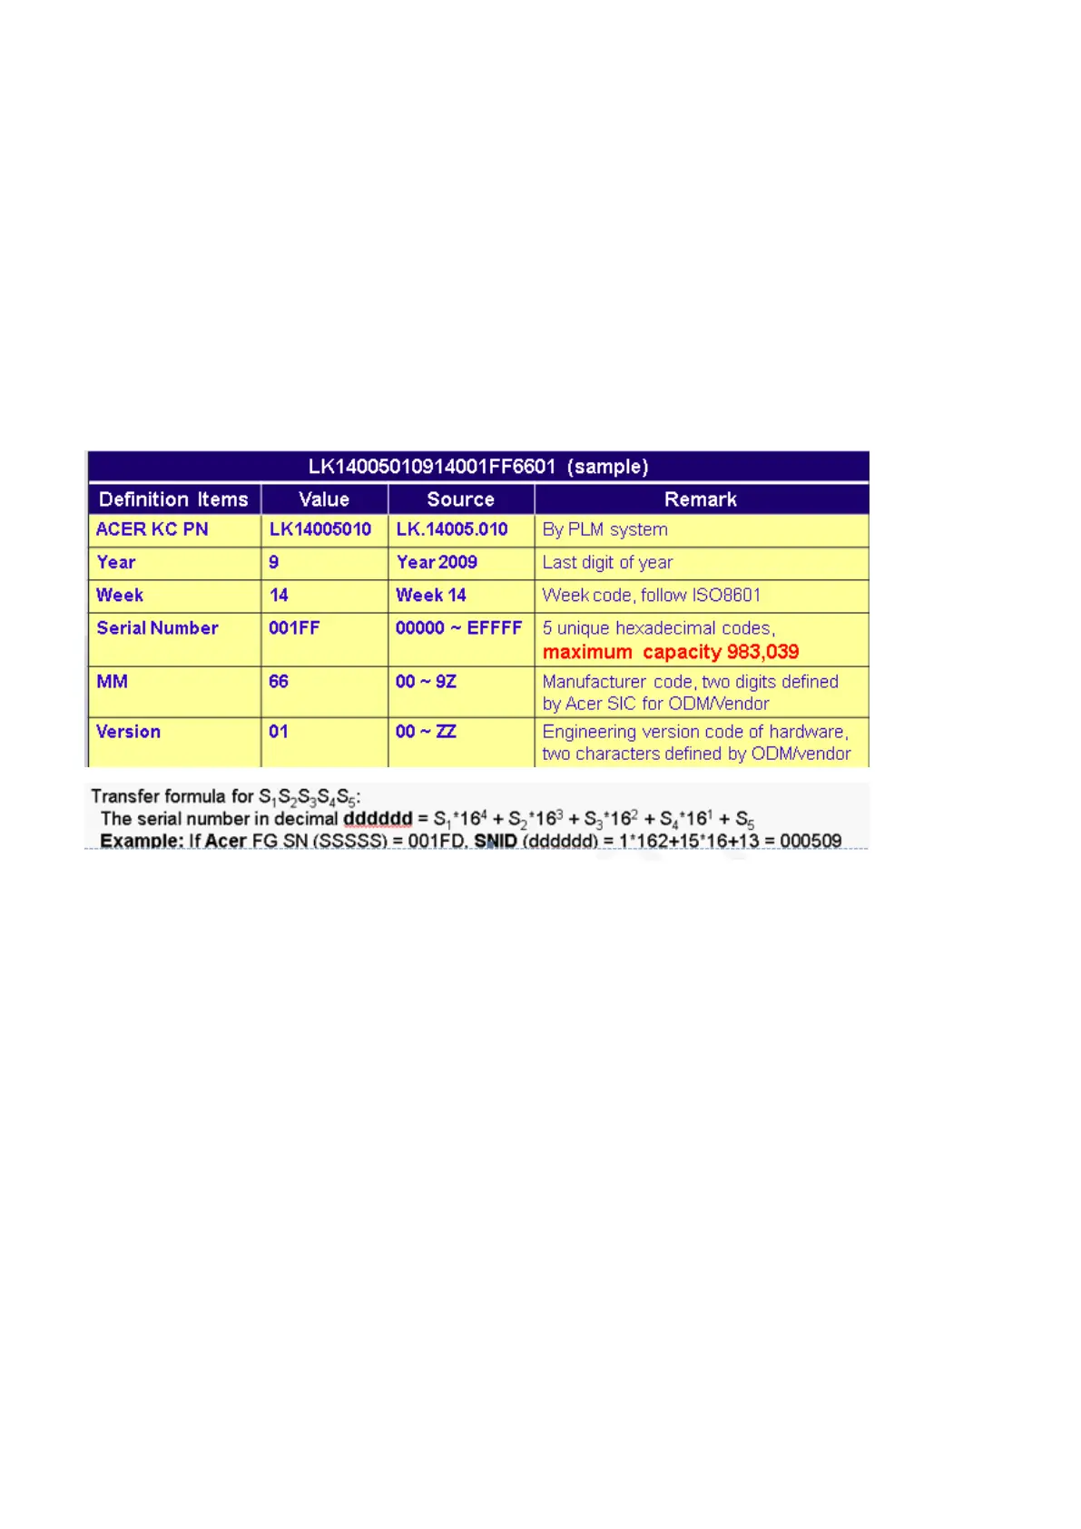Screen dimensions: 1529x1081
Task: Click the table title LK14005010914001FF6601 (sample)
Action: click(x=477, y=467)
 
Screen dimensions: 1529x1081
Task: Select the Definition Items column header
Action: click(x=173, y=499)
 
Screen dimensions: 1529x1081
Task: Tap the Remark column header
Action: click(x=700, y=499)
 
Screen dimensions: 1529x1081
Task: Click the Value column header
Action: click(x=324, y=499)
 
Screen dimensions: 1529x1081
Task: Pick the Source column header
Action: click(x=460, y=499)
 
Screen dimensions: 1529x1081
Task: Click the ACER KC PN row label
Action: click(x=152, y=529)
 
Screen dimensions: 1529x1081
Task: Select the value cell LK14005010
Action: click(x=319, y=529)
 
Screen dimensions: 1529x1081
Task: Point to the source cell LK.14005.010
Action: click(x=451, y=529)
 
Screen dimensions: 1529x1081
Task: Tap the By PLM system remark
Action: click(x=604, y=529)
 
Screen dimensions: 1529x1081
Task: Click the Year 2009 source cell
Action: click(x=437, y=562)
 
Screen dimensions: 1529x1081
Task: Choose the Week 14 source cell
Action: click(x=430, y=596)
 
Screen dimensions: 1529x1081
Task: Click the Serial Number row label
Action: click(x=157, y=628)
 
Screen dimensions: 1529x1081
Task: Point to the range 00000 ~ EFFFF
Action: click(x=458, y=628)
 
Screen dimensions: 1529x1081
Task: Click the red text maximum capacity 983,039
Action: click(x=671, y=652)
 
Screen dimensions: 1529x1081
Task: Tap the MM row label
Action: click(x=112, y=682)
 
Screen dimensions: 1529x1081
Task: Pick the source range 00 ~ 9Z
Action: click(x=426, y=682)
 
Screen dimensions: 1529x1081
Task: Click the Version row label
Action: click(x=128, y=732)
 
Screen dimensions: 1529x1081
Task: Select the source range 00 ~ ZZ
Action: click(x=426, y=732)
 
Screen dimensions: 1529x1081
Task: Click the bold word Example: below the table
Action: click(x=142, y=841)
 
